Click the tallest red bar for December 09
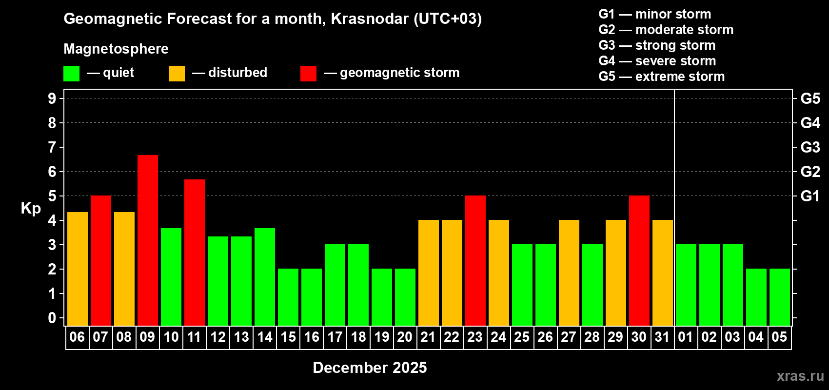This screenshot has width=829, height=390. coord(148,240)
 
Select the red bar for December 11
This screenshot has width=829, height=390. coord(195,252)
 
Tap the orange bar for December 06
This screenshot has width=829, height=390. coord(78,269)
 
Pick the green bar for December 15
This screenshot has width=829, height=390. coord(288,297)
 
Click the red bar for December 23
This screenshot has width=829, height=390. coord(475,260)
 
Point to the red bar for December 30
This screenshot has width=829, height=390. coord(639,260)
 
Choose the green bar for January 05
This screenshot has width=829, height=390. coord(780,297)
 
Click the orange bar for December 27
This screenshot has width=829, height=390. coord(569,273)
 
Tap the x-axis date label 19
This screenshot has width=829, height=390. coord(381,337)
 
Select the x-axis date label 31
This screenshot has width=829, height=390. coord(662,337)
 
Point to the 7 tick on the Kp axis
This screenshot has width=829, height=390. coord(52,147)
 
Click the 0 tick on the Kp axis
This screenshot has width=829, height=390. coord(52,318)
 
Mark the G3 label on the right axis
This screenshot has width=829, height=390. coord(810,147)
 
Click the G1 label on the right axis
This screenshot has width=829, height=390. coord(810,196)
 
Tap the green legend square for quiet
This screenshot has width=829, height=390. coord(72,74)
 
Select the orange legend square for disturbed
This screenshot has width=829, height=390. coord(177,74)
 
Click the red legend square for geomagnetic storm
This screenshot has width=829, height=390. coord(308,74)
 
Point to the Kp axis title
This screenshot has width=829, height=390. coord(31,209)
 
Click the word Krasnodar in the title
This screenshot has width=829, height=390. coord(369,19)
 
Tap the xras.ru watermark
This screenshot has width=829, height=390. coord(800,376)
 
